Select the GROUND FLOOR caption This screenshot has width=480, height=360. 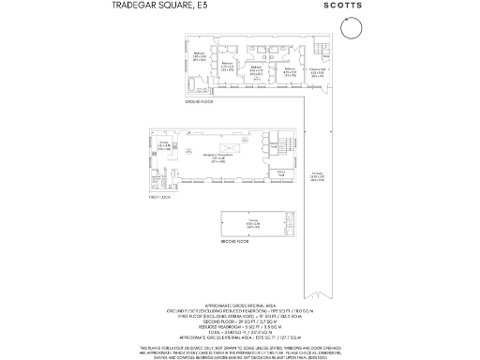[x=201, y=101]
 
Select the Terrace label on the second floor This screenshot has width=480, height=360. [x=253, y=223]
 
